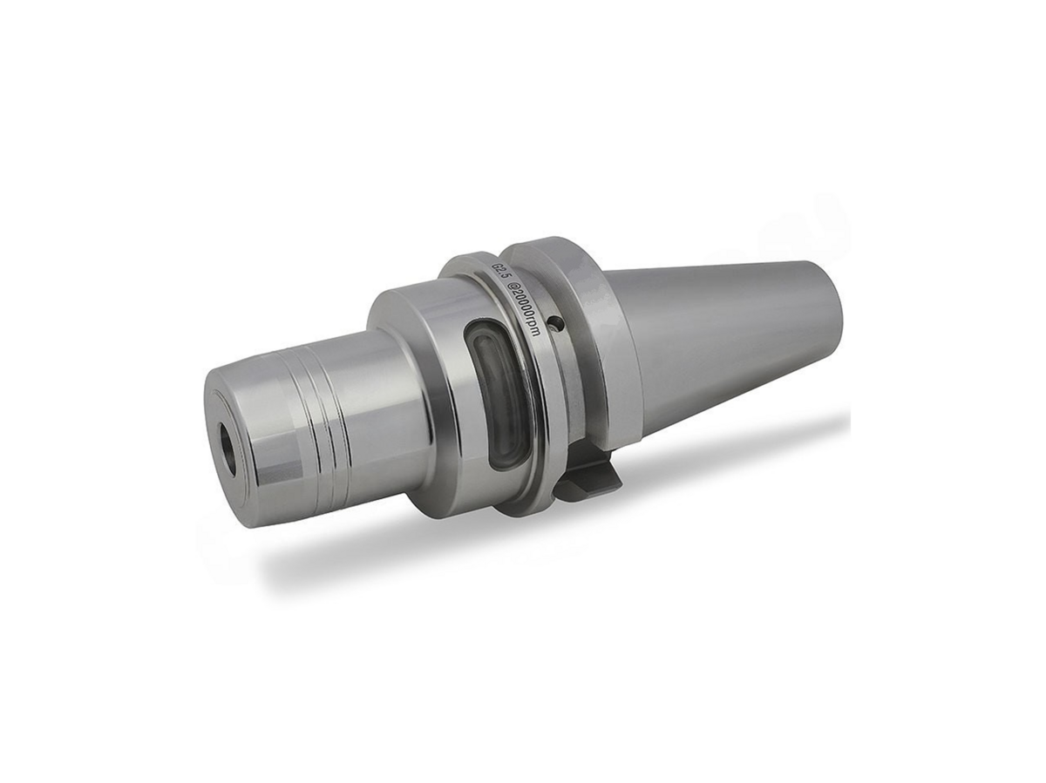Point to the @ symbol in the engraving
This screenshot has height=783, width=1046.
(512, 288)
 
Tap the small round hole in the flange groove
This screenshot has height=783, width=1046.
(554, 325)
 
